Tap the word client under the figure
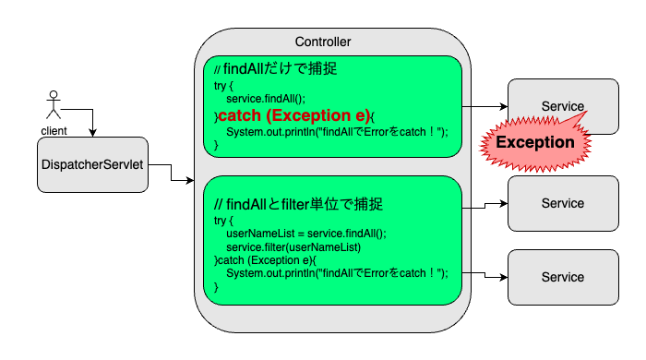coord(54,130)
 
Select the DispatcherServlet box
coord(93,166)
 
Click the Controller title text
coord(322,42)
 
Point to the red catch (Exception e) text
coord(293,115)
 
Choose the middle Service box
coord(563,203)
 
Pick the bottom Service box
coord(563,277)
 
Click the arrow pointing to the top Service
coord(484,107)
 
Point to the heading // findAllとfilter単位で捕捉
coord(297,204)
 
